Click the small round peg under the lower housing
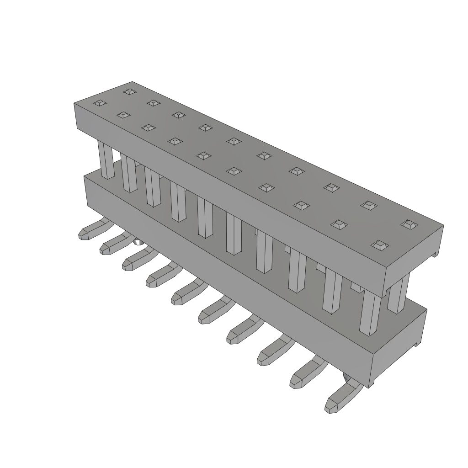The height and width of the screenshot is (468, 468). coord(138,242)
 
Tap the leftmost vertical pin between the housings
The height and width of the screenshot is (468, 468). coord(106,160)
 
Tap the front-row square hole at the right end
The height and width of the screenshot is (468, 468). coord(379,245)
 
